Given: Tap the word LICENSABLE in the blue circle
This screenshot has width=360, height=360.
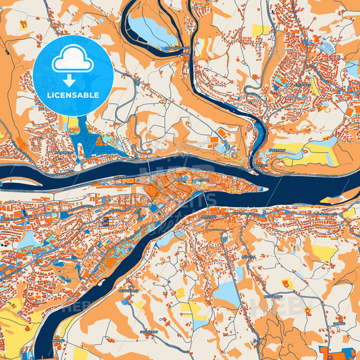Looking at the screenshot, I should click(72, 95).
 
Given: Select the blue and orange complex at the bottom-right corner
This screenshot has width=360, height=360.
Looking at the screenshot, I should click(338, 353).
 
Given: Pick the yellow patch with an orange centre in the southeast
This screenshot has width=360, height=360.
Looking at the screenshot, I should click(325, 253).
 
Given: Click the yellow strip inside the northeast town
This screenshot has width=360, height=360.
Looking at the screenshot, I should click(314, 87).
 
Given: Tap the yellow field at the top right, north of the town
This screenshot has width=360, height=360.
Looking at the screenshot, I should click(260, 30).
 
